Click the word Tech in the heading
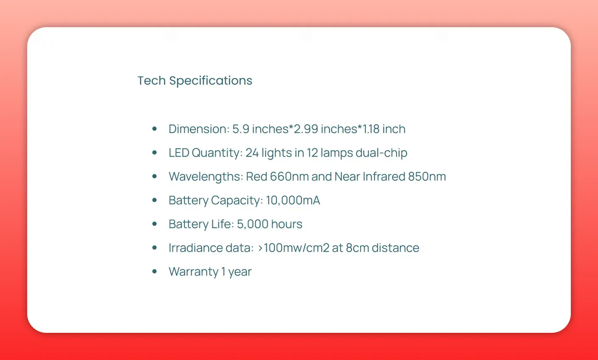(x=151, y=81)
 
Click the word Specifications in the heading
(x=211, y=81)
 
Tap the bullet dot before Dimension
(x=155, y=129)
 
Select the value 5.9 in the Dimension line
(x=240, y=129)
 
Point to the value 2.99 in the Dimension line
(x=306, y=129)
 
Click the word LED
(x=179, y=152)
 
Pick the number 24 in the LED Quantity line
(x=252, y=152)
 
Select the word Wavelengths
(x=205, y=177)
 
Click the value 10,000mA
(x=293, y=200)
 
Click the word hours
(x=287, y=224)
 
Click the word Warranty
(x=193, y=272)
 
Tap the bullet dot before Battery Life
(x=155, y=224)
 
